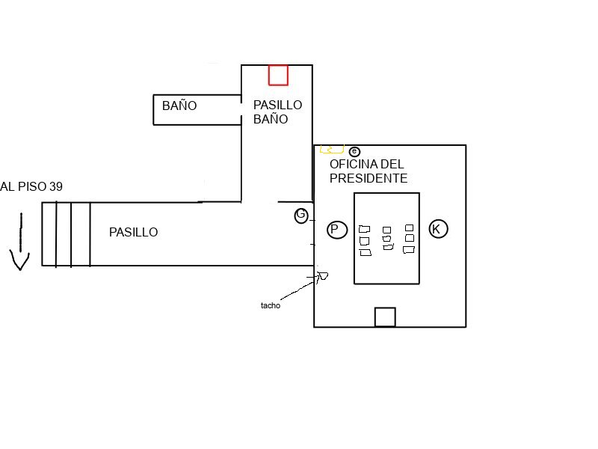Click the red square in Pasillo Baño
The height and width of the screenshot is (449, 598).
pyautogui.click(x=278, y=75)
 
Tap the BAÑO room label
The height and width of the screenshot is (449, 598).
pyautogui.click(x=179, y=106)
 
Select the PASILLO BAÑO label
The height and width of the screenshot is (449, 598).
pyautogui.click(x=277, y=112)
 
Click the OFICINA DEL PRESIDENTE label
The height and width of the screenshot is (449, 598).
pyautogui.click(x=368, y=171)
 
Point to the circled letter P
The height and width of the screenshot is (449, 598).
pyautogui.click(x=337, y=230)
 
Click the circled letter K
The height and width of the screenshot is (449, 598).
pyautogui.click(x=438, y=229)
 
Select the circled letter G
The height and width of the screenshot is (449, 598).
pyautogui.click(x=301, y=216)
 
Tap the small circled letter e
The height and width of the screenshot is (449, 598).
pyautogui.click(x=354, y=151)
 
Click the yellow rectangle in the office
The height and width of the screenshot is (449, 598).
pyautogui.click(x=332, y=149)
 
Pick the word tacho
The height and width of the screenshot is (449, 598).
pyautogui.click(x=270, y=305)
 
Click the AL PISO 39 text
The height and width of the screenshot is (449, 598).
pyautogui.click(x=31, y=187)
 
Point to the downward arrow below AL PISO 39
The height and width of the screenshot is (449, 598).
pyautogui.click(x=20, y=243)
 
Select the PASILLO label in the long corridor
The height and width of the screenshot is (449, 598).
pyautogui.click(x=133, y=233)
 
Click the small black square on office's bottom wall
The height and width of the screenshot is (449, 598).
pyautogui.click(x=384, y=317)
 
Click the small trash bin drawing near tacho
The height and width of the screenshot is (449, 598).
pyautogui.click(x=322, y=276)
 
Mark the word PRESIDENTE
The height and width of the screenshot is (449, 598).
pyautogui.click(x=368, y=179)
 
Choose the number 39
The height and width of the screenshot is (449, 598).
pyautogui.click(x=56, y=187)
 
